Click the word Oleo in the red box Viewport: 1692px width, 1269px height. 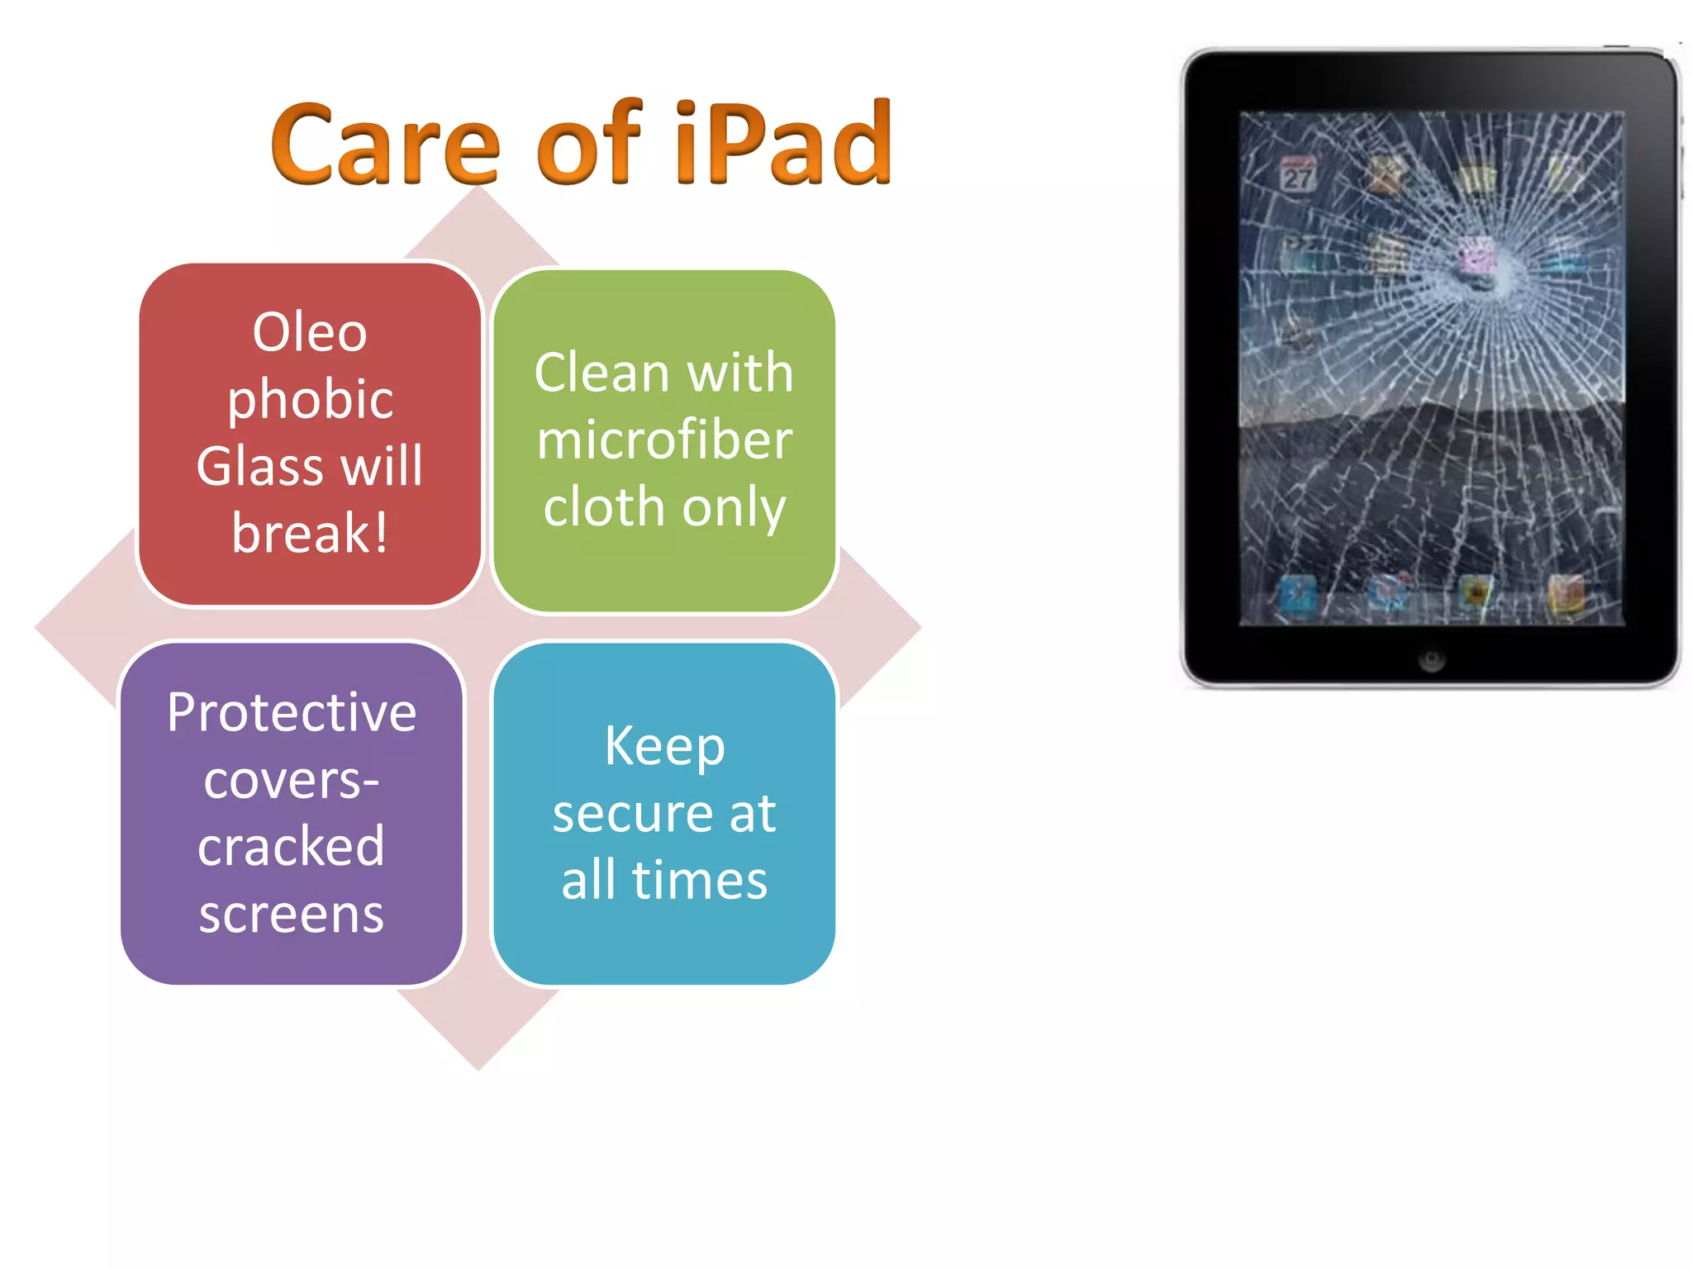point(310,332)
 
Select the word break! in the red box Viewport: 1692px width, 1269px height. point(310,533)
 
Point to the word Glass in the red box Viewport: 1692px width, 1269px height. point(259,466)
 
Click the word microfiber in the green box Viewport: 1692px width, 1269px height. point(664,440)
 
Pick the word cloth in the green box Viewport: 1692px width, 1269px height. point(604,506)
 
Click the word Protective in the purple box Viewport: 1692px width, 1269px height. point(292,712)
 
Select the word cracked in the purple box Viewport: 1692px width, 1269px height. point(292,847)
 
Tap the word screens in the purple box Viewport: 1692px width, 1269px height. point(292,914)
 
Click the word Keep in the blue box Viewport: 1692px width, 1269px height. point(664,746)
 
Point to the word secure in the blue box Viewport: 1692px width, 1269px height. point(629,814)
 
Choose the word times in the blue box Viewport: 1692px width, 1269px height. point(700,880)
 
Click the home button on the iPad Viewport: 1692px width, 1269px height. point(1431,659)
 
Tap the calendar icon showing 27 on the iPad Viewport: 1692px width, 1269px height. point(1297,176)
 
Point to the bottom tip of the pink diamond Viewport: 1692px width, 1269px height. point(478,1067)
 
